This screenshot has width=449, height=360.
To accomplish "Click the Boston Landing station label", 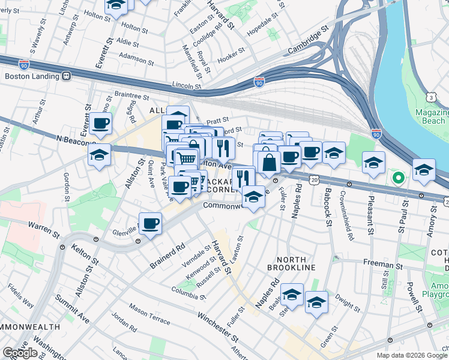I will coord(32,76).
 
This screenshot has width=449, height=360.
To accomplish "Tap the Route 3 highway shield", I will coord(431,97).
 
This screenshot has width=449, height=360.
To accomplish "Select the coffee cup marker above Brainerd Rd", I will coord(150,224).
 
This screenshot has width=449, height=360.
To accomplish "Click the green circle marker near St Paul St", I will coord(397,178).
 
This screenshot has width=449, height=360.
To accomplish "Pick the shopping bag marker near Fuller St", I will coord(270,162).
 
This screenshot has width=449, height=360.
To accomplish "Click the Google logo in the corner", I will coord(20,353).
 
